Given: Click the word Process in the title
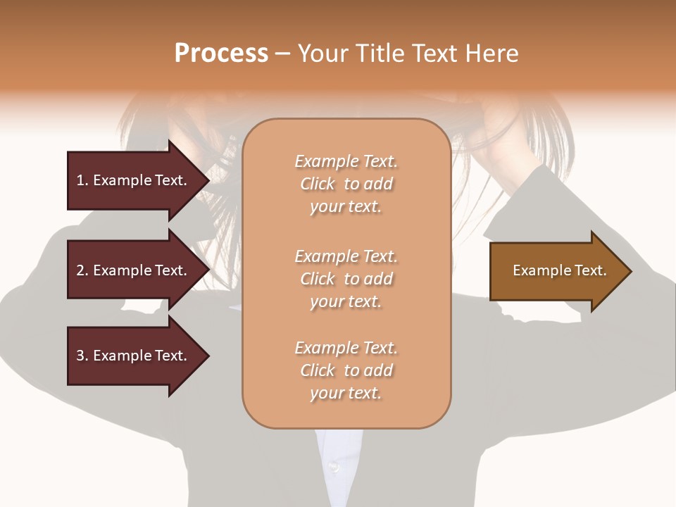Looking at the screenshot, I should (x=221, y=54).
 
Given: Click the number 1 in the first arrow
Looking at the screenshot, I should (x=80, y=180).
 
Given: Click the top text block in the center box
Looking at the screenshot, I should (x=346, y=184).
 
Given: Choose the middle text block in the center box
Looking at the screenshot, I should (x=346, y=279).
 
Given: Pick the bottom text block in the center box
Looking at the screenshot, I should (x=346, y=370).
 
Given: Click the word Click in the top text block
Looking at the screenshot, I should (x=318, y=184).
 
